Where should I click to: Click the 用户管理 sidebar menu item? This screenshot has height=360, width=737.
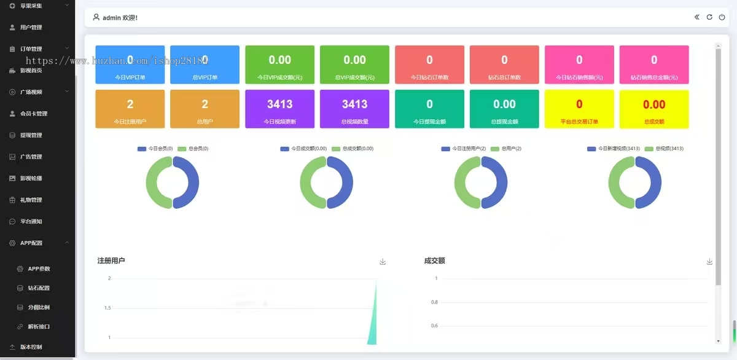click(31, 28)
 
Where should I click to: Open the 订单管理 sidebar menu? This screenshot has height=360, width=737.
click(31, 49)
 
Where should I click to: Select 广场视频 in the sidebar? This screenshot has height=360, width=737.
click(31, 92)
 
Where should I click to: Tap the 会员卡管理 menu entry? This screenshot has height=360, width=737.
click(33, 114)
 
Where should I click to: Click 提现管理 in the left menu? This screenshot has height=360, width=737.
click(31, 135)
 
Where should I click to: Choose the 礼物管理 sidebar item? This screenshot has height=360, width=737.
click(31, 200)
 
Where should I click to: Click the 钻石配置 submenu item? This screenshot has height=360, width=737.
click(39, 288)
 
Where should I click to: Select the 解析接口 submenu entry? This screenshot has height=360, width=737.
click(39, 326)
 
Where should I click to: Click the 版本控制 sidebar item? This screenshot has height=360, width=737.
click(31, 347)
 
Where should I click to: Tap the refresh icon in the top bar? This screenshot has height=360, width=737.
click(709, 17)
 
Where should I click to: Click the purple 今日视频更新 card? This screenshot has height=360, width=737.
click(279, 109)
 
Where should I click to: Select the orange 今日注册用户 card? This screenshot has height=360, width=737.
click(130, 109)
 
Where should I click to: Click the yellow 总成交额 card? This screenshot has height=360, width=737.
click(654, 109)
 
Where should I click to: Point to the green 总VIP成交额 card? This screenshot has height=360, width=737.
click(354, 65)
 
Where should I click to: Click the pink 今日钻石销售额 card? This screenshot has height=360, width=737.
click(579, 65)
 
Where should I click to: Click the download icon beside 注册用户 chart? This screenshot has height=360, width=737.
click(383, 262)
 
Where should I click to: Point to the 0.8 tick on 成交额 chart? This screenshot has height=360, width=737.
click(434, 302)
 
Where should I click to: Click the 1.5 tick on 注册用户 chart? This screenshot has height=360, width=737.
click(107, 308)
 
